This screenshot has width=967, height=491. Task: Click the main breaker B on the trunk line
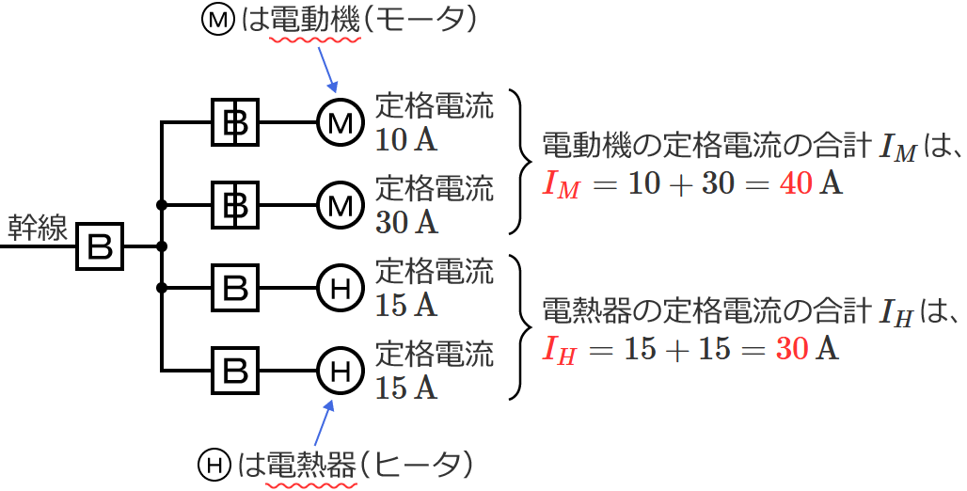101,246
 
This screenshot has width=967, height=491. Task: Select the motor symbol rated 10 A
340,122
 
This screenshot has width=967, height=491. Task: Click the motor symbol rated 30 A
340,204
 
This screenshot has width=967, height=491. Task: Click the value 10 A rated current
405,141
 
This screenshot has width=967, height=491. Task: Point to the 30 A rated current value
405,223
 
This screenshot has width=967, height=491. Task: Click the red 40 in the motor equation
796,183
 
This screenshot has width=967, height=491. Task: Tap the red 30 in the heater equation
792,349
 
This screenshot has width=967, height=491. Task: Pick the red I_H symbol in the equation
560,351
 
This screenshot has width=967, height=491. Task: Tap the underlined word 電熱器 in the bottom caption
313,465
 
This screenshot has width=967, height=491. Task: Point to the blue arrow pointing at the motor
326,68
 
